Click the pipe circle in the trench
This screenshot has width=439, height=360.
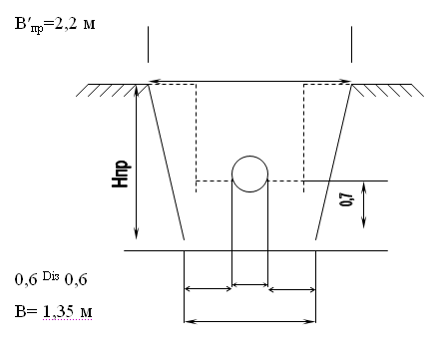pyautogui.click(x=232, y=174)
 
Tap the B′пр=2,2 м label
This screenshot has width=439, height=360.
pyautogui.click(x=55, y=25)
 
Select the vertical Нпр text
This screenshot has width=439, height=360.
pyautogui.click(x=120, y=175)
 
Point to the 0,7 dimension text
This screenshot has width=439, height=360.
pyautogui.click(x=346, y=199)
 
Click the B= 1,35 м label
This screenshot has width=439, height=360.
pyautogui.click(x=54, y=311)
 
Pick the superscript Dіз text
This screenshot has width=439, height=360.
pyautogui.click(x=51, y=275)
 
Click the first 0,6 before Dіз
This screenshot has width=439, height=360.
pyautogui.click(x=26, y=280)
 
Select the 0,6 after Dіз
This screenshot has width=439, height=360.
pyautogui.click(x=76, y=280)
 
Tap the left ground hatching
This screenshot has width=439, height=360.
pyautogui.click(x=113, y=90)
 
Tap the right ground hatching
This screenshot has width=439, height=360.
pyautogui.click(x=388, y=90)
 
